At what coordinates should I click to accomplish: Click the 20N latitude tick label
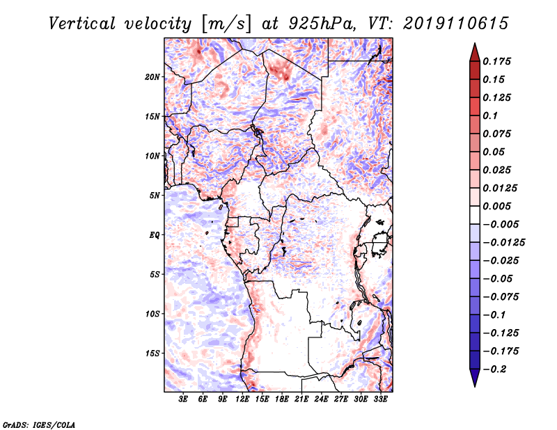[x=152, y=77]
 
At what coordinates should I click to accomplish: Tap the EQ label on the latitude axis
[x=155, y=235]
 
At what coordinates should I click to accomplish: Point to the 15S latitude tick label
[x=152, y=353]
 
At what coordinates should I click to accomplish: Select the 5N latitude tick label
[x=155, y=196]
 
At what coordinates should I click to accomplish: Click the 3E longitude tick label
[x=183, y=399]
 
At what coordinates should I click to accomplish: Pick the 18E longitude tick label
[x=282, y=399]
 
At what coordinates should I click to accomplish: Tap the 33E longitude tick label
[x=380, y=399]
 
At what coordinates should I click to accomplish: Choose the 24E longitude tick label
[x=321, y=399]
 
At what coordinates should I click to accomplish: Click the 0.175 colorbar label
[x=496, y=61]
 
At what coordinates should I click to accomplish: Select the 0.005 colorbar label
[x=496, y=206]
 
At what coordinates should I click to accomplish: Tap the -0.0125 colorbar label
[x=503, y=243]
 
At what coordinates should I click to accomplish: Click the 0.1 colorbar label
[x=490, y=116]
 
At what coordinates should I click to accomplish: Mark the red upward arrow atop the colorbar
[x=475, y=53]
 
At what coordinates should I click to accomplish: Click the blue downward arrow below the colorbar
[x=475, y=378]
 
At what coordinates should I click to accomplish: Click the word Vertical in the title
[x=82, y=24]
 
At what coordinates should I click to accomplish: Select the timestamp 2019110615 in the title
[x=456, y=24]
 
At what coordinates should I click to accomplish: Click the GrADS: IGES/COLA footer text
[x=39, y=425]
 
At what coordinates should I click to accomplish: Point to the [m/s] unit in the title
[x=226, y=24]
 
